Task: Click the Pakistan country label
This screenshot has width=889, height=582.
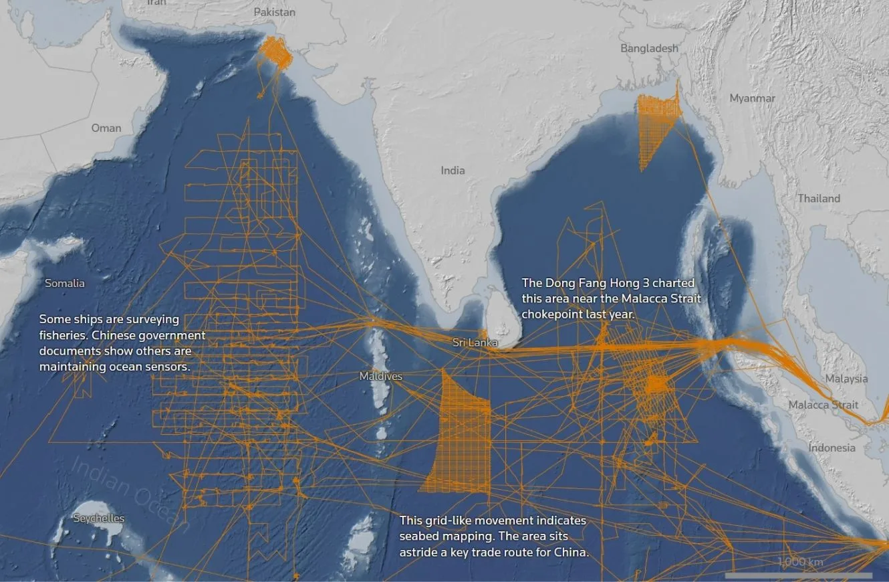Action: tap(274, 12)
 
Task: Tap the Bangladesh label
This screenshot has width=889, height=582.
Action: tap(648, 48)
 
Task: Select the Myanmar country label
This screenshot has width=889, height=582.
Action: tap(752, 98)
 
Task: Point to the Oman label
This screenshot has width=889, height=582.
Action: tap(106, 128)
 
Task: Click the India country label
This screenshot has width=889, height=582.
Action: tap(453, 171)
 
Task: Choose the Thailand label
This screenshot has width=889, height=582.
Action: tap(818, 199)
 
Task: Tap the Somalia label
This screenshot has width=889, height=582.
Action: tap(65, 283)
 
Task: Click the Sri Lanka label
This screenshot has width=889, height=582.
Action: tap(475, 343)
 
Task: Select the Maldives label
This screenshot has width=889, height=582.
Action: tap(381, 377)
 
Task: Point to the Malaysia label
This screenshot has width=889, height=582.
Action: tap(846, 379)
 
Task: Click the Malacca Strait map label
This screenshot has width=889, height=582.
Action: tap(823, 405)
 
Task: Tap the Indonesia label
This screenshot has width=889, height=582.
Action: tap(832, 448)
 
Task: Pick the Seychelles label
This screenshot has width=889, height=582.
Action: tap(99, 518)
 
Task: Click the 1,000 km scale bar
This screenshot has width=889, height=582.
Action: tap(799, 574)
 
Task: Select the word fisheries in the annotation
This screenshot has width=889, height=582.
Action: tap(63, 334)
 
